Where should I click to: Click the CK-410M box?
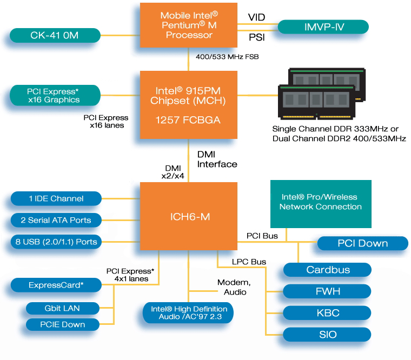point(55,36)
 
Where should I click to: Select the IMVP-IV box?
point(323,26)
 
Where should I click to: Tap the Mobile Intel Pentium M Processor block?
point(189,26)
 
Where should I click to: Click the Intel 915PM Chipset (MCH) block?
point(189,104)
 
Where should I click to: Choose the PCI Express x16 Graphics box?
point(55,95)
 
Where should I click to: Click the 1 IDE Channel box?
point(56,198)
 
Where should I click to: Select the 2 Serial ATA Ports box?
point(56,220)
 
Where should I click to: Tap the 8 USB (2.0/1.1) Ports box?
point(56,242)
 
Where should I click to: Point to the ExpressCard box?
point(56,284)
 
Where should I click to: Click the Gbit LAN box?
point(63,308)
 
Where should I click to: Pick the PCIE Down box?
point(63,324)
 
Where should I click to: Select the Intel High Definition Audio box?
point(189,312)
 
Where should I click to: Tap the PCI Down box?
point(362,243)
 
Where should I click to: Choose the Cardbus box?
point(327,270)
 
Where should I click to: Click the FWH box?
point(327,291)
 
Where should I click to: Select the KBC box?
point(327,313)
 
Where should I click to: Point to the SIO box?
point(327,335)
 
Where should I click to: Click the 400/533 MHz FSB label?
point(227,56)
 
